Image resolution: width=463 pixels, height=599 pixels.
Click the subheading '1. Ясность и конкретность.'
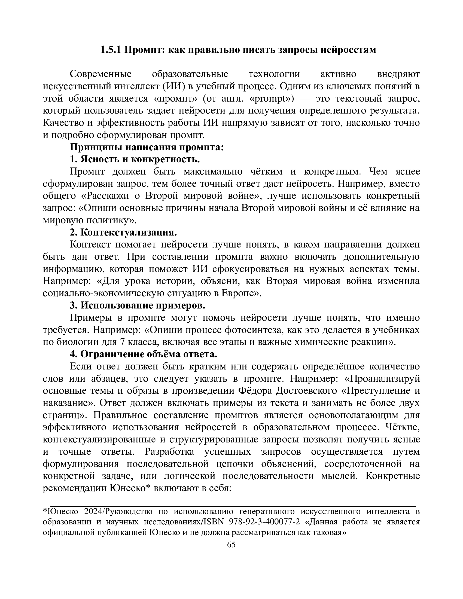(x=134, y=159)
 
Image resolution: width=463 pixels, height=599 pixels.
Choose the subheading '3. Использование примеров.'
(x=137, y=305)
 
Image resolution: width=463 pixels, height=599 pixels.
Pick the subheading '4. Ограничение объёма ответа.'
(x=143, y=354)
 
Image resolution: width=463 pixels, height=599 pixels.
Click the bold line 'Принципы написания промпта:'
(x=147, y=147)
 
